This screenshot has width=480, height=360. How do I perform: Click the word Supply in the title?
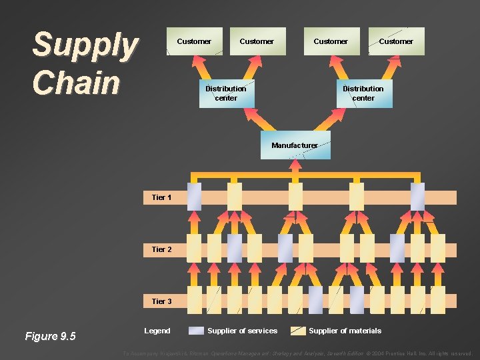[x=85, y=45]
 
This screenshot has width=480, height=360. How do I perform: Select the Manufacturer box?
[x=295, y=145]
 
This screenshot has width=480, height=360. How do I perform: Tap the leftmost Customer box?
[x=194, y=41]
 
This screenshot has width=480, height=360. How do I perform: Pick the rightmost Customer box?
[x=396, y=41]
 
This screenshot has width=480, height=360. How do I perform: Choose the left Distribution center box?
[x=225, y=93]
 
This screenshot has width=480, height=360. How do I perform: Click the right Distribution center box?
[x=363, y=93]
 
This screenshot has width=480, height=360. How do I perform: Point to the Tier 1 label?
[x=161, y=197]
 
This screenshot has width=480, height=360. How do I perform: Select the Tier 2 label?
[x=161, y=249]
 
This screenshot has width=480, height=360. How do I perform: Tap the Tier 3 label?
[x=161, y=301]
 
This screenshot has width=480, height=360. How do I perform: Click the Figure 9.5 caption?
[x=51, y=336]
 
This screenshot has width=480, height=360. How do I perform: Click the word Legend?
[x=157, y=331]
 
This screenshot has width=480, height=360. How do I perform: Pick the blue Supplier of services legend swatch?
[x=197, y=331]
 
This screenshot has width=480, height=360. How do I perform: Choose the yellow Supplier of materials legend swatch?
[x=298, y=331]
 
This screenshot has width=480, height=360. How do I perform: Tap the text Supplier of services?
[x=242, y=331]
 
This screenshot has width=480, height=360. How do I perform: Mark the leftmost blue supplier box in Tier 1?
[x=194, y=197]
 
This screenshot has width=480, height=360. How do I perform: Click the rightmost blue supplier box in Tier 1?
[x=417, y=197]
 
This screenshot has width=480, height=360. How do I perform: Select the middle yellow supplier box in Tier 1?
[x=295, y=197]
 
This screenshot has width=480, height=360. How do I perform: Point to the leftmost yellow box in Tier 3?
[x=194, y=300]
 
